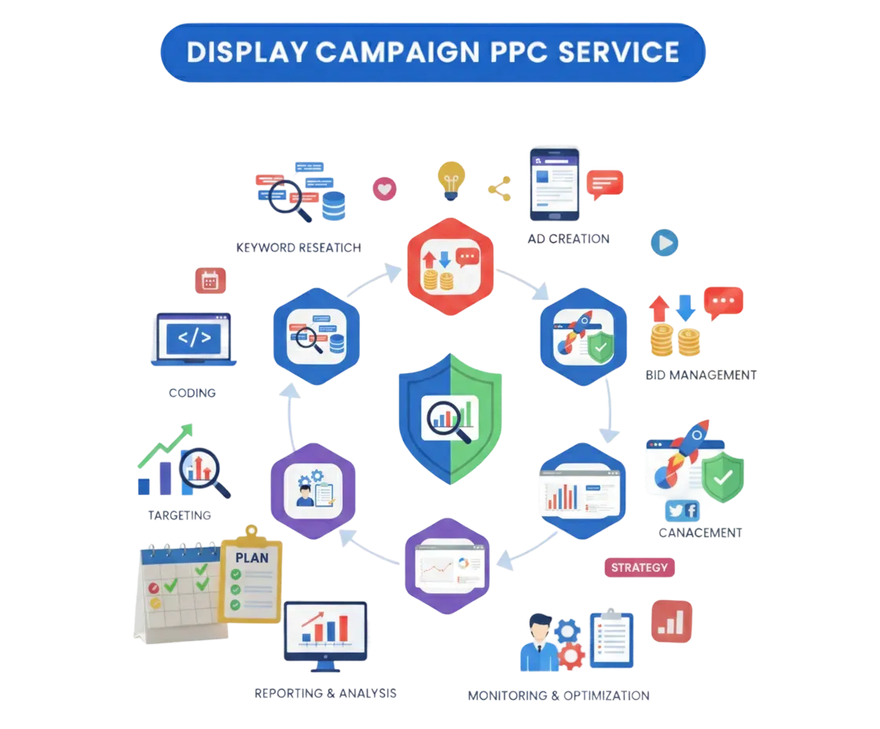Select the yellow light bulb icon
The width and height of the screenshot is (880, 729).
click(452, 180)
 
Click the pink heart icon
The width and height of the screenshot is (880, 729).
click(385, 189)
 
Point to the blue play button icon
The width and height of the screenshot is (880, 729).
click(664, 243)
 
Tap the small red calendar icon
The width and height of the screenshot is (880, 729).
click(210, 280)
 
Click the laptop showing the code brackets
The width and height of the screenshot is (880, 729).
click(192, 340)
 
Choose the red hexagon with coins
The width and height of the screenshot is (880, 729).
click(449, 267)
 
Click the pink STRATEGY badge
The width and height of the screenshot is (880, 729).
click(640, 567)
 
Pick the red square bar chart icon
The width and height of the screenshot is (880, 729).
click(672, 621)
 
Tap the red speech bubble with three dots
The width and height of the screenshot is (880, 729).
click(724, 302)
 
